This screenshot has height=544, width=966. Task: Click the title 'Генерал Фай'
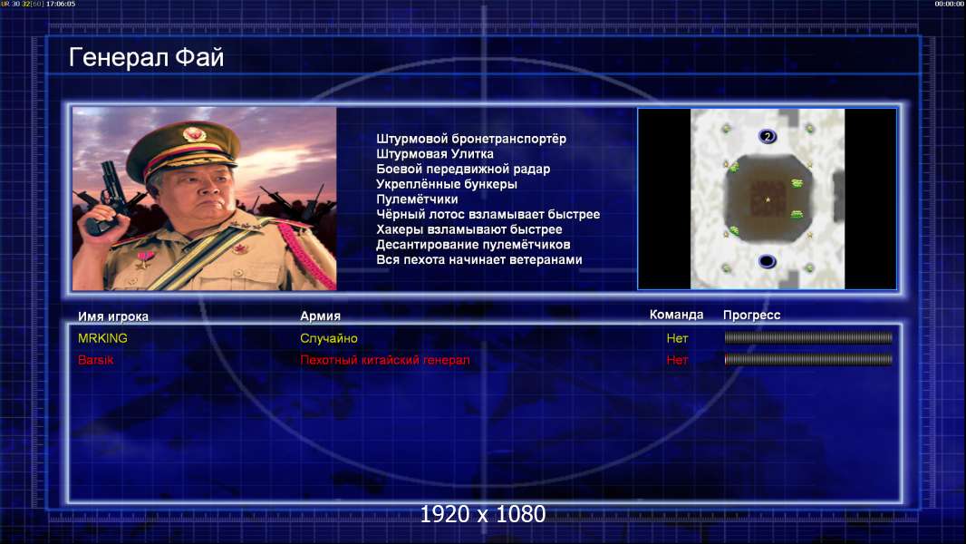tap(146, 58)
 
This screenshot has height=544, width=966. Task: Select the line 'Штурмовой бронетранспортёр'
tap(471, 140)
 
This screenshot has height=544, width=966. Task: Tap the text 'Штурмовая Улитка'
tap(435, 154)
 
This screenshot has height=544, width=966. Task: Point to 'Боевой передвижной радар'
tap(463, 169)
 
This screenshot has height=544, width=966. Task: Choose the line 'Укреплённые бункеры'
tap(447, 184)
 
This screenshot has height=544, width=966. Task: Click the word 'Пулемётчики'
tap(417, 199)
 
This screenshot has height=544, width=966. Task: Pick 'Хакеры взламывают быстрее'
tap(469, 229)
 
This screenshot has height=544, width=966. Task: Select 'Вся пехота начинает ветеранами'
tap(479, 259)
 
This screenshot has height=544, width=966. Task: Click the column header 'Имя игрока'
tap(112, 316)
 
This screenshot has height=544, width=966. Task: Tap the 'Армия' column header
tap(321, 316)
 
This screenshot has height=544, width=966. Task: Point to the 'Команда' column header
tap(676, 315)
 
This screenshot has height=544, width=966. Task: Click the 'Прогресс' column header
tap(751, 315)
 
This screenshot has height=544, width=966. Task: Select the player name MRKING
tap(102, 338)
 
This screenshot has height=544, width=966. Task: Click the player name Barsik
tap(95, 360)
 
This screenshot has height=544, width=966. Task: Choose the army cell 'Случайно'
tap(328, 338)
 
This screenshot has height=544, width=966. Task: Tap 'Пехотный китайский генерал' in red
tap(385, 360)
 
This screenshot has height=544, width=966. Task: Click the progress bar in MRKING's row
tap(808, 337)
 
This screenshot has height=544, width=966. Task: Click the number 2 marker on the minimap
tap(767, 136)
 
